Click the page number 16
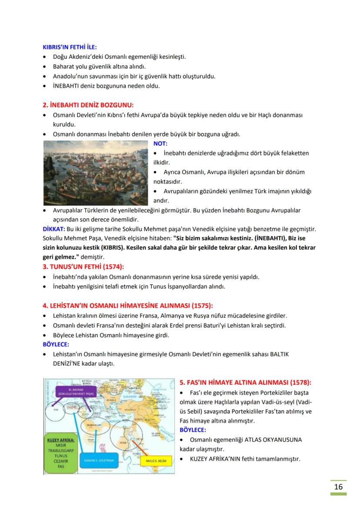point(338,486)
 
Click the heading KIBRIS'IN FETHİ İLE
point(70,47)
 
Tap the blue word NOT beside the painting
point(160,143)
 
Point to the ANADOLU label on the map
point(130,409)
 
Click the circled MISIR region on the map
point(123,438)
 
